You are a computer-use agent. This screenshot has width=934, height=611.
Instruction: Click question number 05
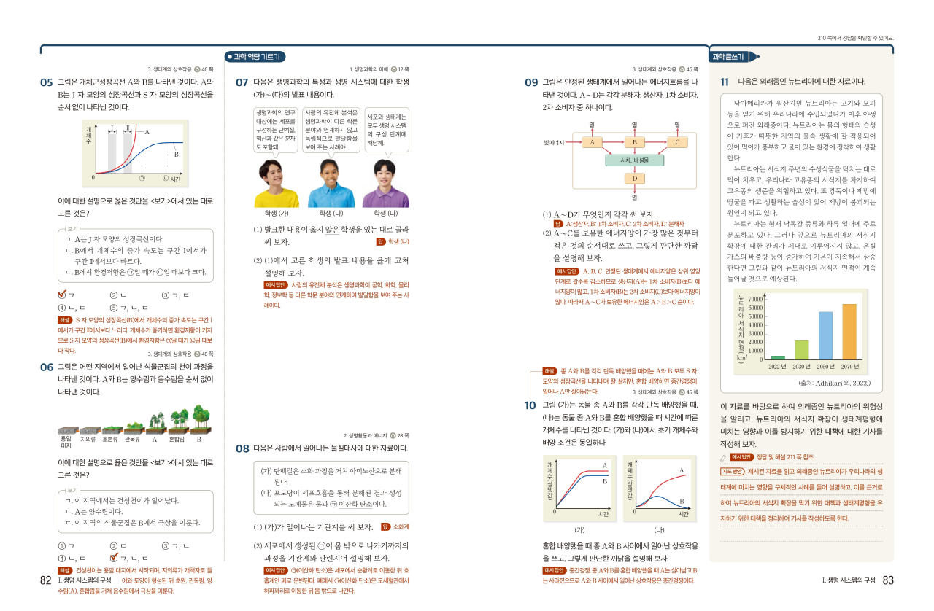point(46,82)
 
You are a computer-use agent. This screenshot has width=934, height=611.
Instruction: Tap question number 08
point(242,448)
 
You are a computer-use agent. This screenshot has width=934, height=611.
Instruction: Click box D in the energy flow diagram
point(634,179)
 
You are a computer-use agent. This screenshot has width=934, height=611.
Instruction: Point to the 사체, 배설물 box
point(634,160)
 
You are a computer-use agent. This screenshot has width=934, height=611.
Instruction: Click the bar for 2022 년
point(778,357)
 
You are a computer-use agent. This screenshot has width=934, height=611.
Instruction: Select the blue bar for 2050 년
point(825,335)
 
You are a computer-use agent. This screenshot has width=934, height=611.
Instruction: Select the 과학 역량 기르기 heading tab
point(255,57)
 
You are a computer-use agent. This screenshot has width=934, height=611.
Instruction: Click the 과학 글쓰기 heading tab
point(730,57)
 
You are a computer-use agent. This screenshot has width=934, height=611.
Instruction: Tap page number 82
point(45,580)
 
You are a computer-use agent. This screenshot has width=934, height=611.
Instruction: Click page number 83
point(888,580)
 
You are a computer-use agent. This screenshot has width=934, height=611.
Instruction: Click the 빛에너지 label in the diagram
point(555,142)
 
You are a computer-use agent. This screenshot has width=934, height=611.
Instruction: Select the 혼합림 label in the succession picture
point(176,440)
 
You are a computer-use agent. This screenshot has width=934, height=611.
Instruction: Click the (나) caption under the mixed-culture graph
point(659,529)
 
